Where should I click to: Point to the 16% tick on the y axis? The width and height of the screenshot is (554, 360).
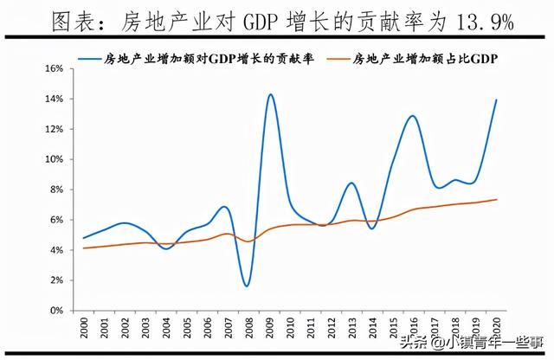(54, 68)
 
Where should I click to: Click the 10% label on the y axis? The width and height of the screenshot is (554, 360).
(54, 159)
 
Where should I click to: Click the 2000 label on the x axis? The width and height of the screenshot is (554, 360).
(83, 329)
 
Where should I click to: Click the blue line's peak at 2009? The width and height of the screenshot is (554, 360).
(271, 94)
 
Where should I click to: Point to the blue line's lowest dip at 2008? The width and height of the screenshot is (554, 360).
(247, 286)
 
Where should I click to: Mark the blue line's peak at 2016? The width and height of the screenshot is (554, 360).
(413, 116)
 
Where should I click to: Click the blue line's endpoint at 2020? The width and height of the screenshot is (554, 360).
(497, 100)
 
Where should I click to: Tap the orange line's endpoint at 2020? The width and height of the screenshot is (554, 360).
(497, 199)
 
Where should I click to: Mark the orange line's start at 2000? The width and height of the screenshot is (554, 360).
(83, 248)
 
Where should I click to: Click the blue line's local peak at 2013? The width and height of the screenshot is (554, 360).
(351, 183)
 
